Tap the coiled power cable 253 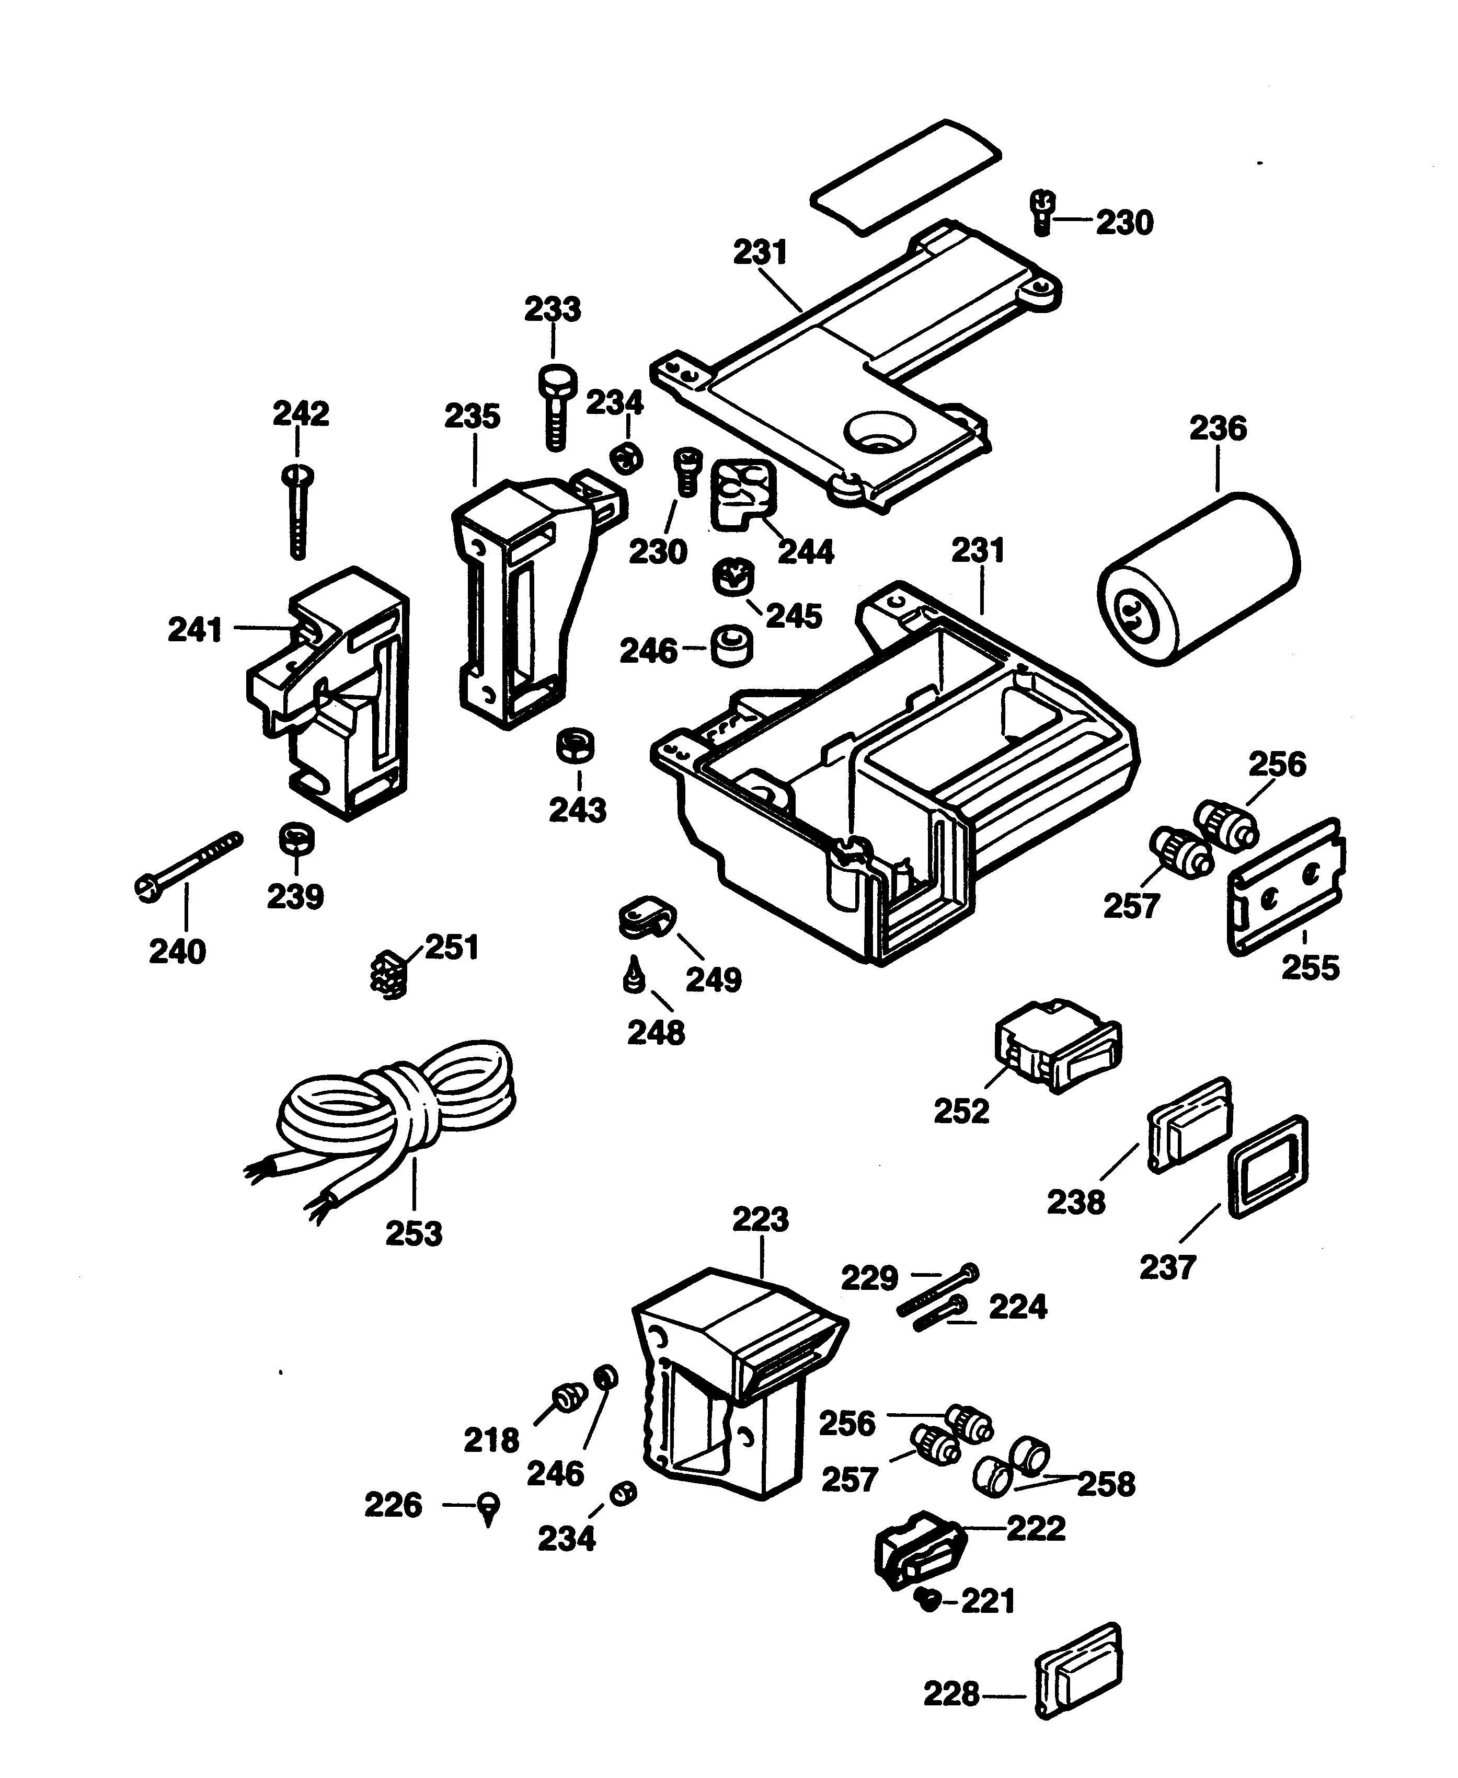point(395,1108)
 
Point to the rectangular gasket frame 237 point(1268,1167)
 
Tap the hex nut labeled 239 point(296,837)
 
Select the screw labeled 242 point(298,512)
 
